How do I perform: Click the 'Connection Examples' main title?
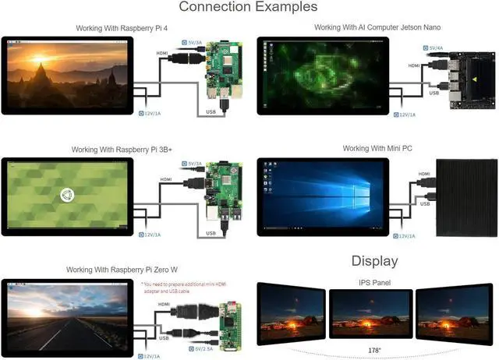click(x=248, y=8)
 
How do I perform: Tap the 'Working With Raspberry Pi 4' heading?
click(x=121, y=28)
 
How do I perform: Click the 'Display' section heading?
click(x=374, y=261)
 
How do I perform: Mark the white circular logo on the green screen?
click(x=65, y=195)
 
